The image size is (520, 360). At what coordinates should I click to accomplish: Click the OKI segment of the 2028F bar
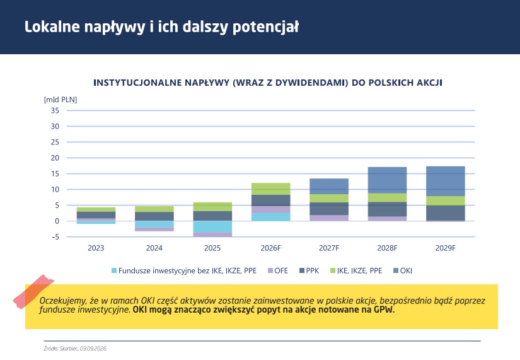click(x=387, y=180)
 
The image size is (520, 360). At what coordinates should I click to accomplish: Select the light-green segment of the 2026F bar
click(x=270, y=189)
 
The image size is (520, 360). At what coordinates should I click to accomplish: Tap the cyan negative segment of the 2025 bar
click(x=212, y=226)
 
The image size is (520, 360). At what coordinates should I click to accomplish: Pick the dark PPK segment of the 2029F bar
click(x=446, y=213)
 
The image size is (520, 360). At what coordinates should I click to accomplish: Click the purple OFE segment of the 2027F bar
click(x=329, y=218)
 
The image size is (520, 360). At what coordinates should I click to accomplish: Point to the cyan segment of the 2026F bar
click(x=270, y=217)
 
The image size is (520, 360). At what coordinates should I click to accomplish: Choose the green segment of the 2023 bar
click(x=96, y=209)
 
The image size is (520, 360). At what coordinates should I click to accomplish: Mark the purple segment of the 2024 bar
click(x=154, y=229)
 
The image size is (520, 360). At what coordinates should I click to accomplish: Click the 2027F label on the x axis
click(x=329, y=248)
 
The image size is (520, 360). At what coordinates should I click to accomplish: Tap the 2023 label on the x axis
click(x=96, y=248)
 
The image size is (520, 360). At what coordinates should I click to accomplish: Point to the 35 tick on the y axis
click(x=55, y=110)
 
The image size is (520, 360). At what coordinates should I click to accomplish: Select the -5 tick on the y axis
click(x=55, y=237)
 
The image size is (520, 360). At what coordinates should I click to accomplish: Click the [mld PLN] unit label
click(x=61, y=100)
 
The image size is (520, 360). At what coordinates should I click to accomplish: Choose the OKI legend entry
click(x=403, y=270)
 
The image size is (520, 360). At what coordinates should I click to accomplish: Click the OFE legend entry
click(x=278, y=270)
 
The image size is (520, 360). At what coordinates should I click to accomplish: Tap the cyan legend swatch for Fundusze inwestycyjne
click(x=114, y=270)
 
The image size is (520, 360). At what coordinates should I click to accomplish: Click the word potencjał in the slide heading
click(x=265, y=27)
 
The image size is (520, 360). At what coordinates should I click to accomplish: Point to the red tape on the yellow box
click(x=33, y=292)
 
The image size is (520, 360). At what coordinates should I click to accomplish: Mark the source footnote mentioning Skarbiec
click(x=75, y=349)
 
